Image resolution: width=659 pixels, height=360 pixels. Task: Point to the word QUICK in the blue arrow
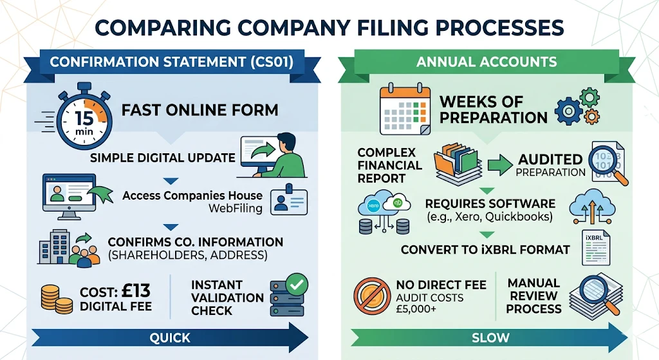pos(170,337)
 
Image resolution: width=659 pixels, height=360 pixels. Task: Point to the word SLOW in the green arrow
pos(490,337)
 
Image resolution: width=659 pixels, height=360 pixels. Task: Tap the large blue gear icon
pos(568,111)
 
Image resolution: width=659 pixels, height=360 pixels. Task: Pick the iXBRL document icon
pos(596,248)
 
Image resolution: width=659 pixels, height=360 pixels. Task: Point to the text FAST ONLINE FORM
pos(200,109)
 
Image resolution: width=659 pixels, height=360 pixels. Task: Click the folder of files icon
pos(458,167)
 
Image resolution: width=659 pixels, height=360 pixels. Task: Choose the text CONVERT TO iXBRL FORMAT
pos(485,249)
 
